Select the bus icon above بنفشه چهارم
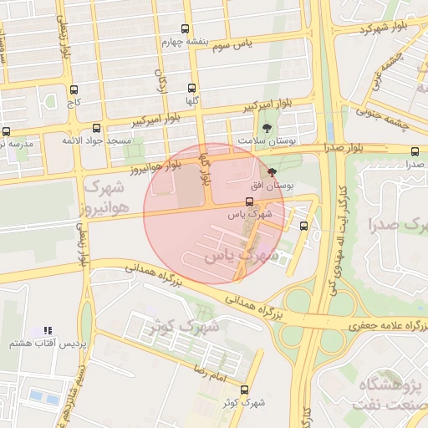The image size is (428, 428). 185,28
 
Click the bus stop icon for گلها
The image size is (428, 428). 192,88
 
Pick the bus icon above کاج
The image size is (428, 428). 74,89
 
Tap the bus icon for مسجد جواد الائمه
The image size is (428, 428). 97,129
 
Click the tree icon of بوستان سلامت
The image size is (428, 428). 267,129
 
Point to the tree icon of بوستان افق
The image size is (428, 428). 273,171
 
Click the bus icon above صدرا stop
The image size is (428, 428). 415,151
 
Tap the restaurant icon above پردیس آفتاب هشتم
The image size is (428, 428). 47,332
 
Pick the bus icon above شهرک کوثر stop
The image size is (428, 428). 244,390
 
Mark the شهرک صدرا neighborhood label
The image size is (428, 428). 397,224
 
